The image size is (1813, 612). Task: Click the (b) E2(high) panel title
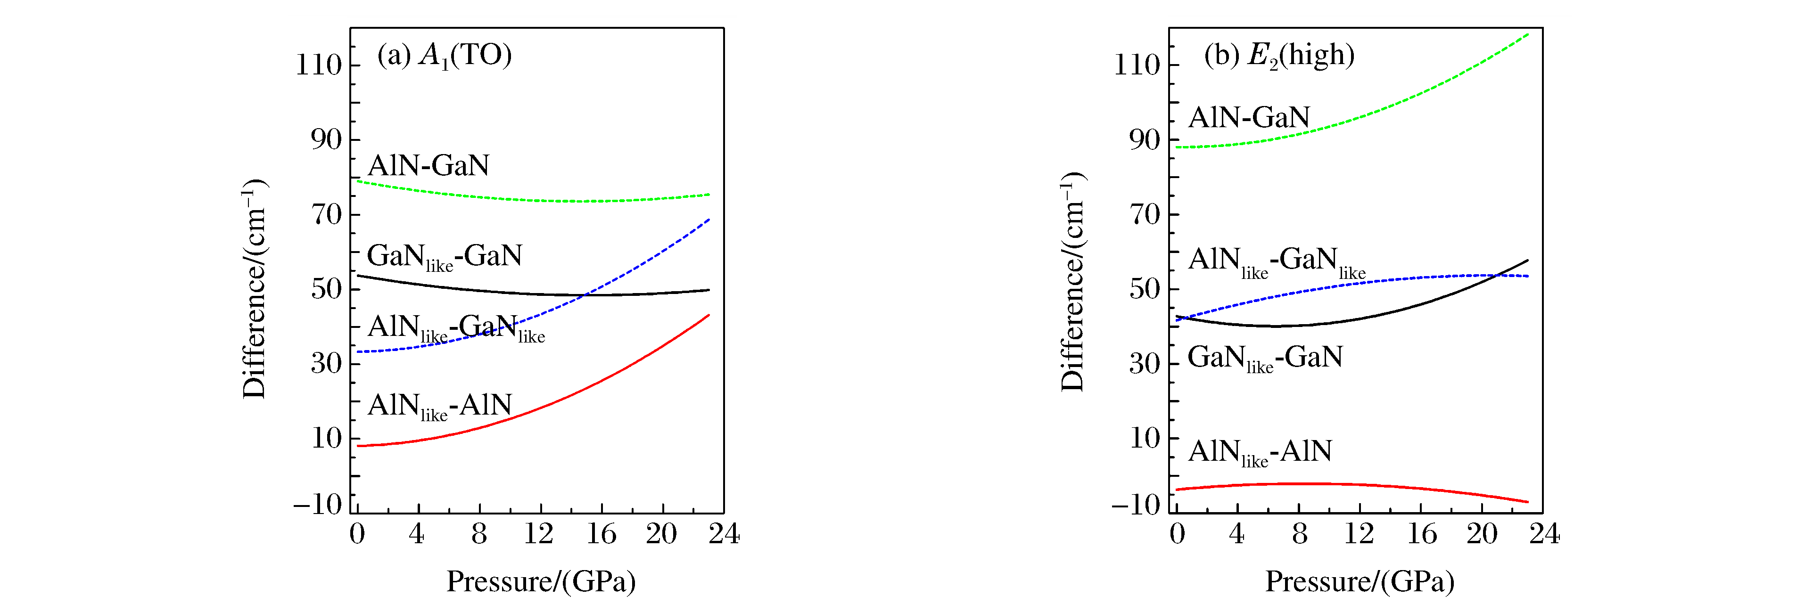tap(1279, 55)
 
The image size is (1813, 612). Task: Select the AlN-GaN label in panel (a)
tap(428, 165)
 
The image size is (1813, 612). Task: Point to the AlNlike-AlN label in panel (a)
tap(439, 406)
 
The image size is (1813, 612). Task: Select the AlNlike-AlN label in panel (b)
tap(1260, 452)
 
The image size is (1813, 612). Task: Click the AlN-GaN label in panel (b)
tap(1249, 117)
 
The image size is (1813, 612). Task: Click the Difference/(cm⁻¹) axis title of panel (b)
tap(1072, 281)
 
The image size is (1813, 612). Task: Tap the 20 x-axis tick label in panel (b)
tap(1482, 535)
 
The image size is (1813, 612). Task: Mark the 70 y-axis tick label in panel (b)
tap(1145, 214)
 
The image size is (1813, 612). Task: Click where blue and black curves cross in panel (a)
tap(584, 295)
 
